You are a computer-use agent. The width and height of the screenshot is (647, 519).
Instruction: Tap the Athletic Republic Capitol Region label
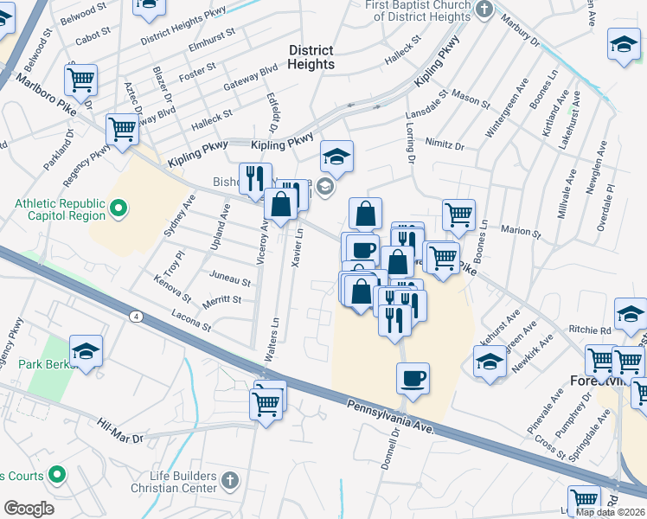(x=60, y=209)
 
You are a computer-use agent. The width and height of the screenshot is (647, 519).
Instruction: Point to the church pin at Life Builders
(x=230, y=480)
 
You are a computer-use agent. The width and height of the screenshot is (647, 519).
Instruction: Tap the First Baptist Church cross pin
(x=484, y=10)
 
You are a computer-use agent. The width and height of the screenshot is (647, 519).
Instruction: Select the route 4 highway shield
(x=137, y=316)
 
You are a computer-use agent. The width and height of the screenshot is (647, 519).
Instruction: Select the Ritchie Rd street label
(x=590, y=330)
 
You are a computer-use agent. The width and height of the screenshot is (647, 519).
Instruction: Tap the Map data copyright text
(x=610, y=512)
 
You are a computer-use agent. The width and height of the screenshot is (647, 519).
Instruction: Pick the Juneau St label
(x=229, y=281)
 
